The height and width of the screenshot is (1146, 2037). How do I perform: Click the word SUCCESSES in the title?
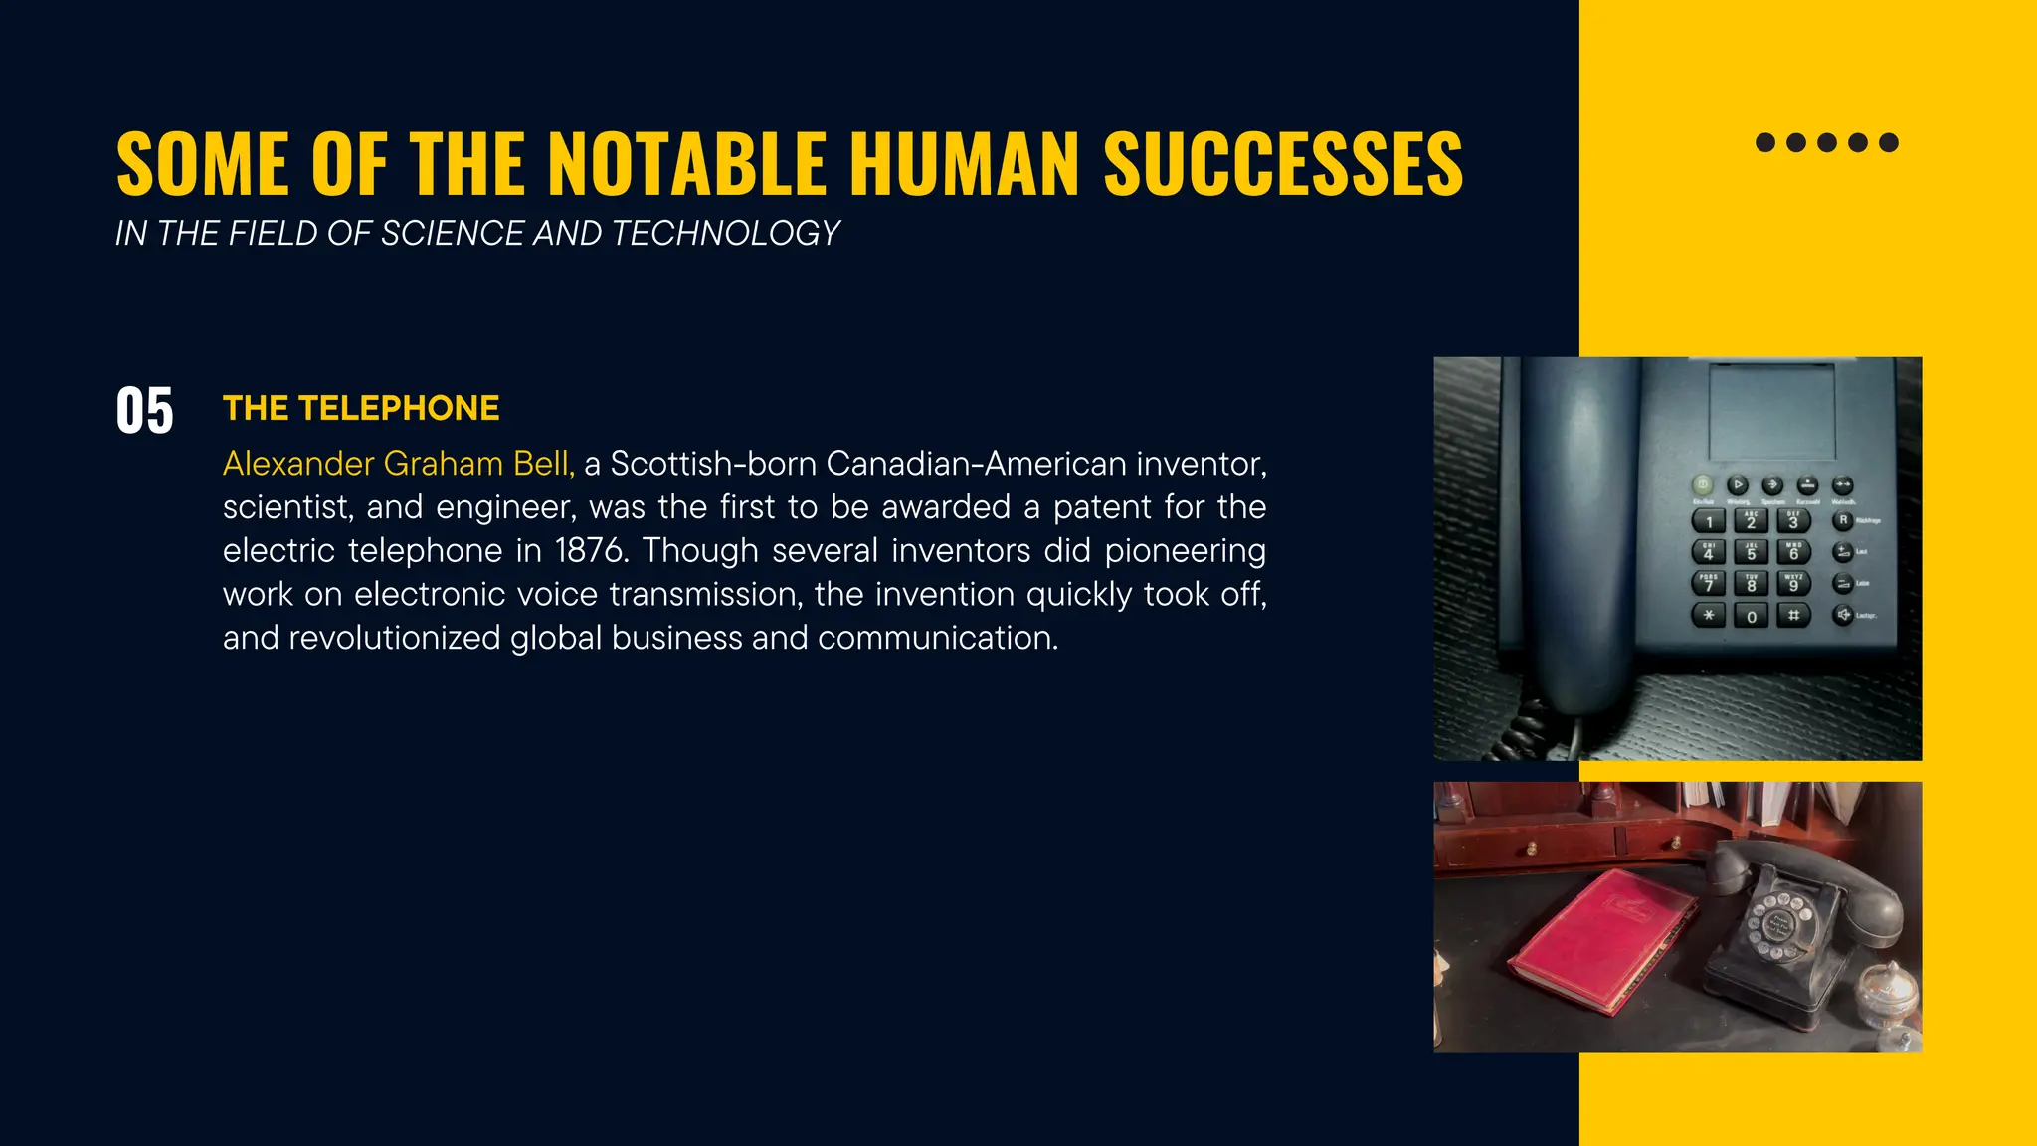[1283, 164]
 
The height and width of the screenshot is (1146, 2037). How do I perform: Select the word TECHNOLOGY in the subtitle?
[725, 233]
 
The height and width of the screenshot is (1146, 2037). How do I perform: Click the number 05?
[144, 411]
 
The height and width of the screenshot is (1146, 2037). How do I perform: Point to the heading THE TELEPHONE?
[361, 408]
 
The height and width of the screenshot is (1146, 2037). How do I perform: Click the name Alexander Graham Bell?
[398, 464]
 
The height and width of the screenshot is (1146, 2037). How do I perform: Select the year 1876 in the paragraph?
[592, 550]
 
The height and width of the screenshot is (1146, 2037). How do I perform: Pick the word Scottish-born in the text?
[713, 464]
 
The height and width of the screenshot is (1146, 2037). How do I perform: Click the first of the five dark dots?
[1765, 142]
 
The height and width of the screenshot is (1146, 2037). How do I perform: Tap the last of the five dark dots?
[1889, 142]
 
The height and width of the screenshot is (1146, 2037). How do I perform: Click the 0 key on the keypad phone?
[1752, 616]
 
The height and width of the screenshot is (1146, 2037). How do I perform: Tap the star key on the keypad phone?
[1709, 616]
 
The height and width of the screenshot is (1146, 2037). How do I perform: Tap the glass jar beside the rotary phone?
[1888, 995]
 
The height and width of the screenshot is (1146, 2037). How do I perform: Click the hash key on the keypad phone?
[1794, 615]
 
